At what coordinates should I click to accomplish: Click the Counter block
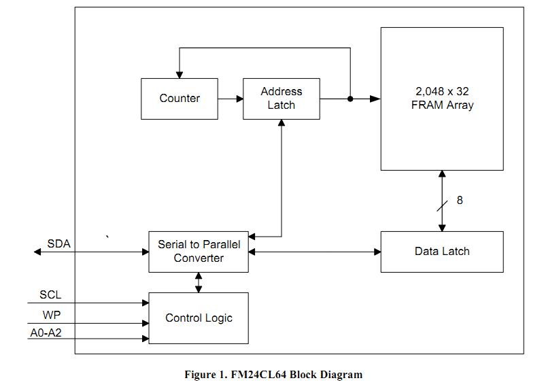point(180,99)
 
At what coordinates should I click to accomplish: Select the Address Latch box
point(281,99)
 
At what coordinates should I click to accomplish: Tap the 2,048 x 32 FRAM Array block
point(441,99)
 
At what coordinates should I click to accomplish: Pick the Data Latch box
point(441,252)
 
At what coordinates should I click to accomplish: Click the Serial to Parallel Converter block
point(199,252)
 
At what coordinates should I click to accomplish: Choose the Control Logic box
point(199,318)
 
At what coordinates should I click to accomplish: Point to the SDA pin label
point(58,243)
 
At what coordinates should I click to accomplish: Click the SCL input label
point(50,295)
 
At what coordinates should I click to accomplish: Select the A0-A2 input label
point(46,334)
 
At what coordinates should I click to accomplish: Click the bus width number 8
point(460,200)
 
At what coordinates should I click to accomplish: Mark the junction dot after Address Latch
point(350,99)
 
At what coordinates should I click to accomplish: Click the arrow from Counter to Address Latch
point(231,99)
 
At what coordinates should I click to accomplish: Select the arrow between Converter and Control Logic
point(199,282)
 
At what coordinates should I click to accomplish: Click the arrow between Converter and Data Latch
point(314,252)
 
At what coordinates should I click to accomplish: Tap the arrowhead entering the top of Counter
point(180,74)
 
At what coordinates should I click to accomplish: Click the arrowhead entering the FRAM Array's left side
point(375,99)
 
